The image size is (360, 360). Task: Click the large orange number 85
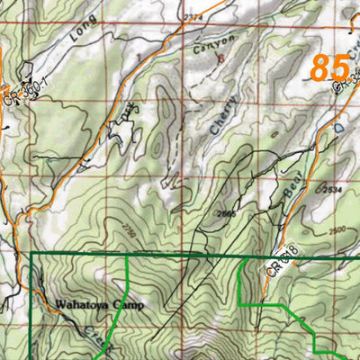pyautogui.click(x=329, y=68)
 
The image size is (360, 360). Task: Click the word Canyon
pyautogui.click(x=214, y=44)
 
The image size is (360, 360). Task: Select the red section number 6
pyautogui.click(x=220, y=58)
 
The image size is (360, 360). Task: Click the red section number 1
pyautogui.click(x=138, y=57)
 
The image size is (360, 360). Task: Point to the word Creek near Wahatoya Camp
pyautogui.click(x=94, y=335)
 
